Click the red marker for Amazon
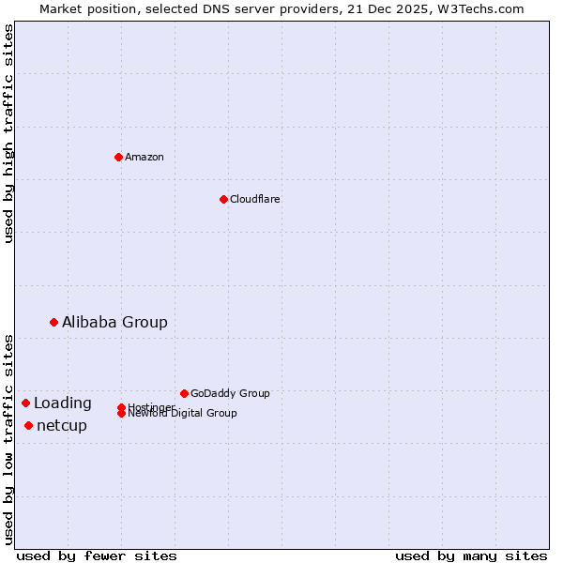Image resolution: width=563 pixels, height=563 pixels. point(118,157)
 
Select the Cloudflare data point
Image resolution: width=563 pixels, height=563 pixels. point(223,199)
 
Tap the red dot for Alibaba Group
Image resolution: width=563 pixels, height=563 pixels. point(53,322)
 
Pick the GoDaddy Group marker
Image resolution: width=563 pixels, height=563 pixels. point(184,393)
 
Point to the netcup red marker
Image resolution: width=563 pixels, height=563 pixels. point(28,425)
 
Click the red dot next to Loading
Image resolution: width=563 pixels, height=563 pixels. point(25,403)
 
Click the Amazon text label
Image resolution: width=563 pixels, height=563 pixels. point(145,157)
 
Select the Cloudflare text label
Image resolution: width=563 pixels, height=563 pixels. point(254,199)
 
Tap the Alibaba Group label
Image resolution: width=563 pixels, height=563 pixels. point(114,322)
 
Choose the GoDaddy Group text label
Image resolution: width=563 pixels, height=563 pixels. point(230,393)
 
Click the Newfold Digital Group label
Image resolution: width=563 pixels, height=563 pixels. point(182,413)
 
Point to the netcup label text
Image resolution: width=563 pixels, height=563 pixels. point(62,425)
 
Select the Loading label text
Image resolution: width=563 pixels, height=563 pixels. point(63,403)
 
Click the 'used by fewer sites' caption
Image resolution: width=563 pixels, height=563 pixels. point(97,555)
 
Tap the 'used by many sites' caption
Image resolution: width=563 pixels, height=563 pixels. point(471,555)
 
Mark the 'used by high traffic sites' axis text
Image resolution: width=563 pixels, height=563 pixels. point(8,133)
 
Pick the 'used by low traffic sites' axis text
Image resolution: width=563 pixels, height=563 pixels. point(8,438)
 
